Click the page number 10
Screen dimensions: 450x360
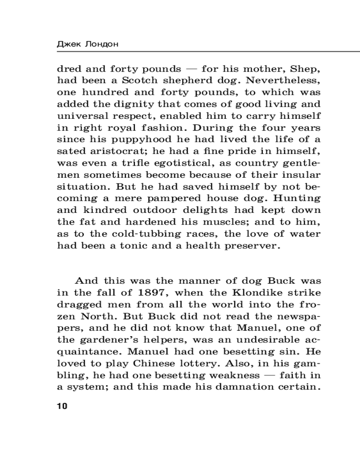click(62, 406)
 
